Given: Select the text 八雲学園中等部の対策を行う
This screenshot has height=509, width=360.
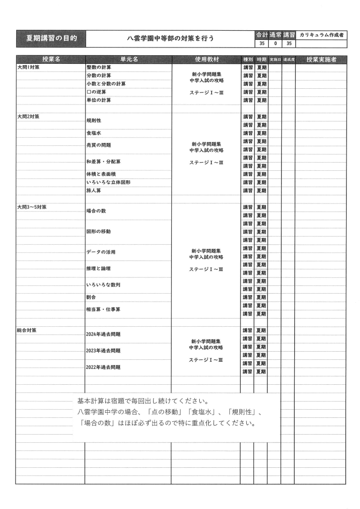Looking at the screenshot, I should (170, 38).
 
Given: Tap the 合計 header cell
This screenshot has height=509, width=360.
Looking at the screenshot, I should (261, 35).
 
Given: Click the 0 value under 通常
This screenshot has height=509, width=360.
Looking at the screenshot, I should (275, 43).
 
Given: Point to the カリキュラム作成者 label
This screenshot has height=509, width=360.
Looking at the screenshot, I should (321, 35).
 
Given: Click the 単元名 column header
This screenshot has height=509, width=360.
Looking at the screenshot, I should (128, 59).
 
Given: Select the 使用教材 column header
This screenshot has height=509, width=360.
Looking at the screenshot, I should (206, 59).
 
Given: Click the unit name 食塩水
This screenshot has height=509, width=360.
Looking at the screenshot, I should (94, 133).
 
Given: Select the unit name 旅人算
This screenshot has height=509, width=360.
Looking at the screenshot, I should (94, 190).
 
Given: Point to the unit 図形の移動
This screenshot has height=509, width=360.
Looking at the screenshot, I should (98, 232).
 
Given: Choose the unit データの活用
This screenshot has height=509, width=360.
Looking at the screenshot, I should (101, 252).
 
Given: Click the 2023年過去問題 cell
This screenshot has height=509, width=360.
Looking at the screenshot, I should (103, 351).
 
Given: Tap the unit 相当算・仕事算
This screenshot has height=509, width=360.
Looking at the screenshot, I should (103, 309).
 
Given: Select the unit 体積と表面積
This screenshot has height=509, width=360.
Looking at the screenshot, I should (101, 174).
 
